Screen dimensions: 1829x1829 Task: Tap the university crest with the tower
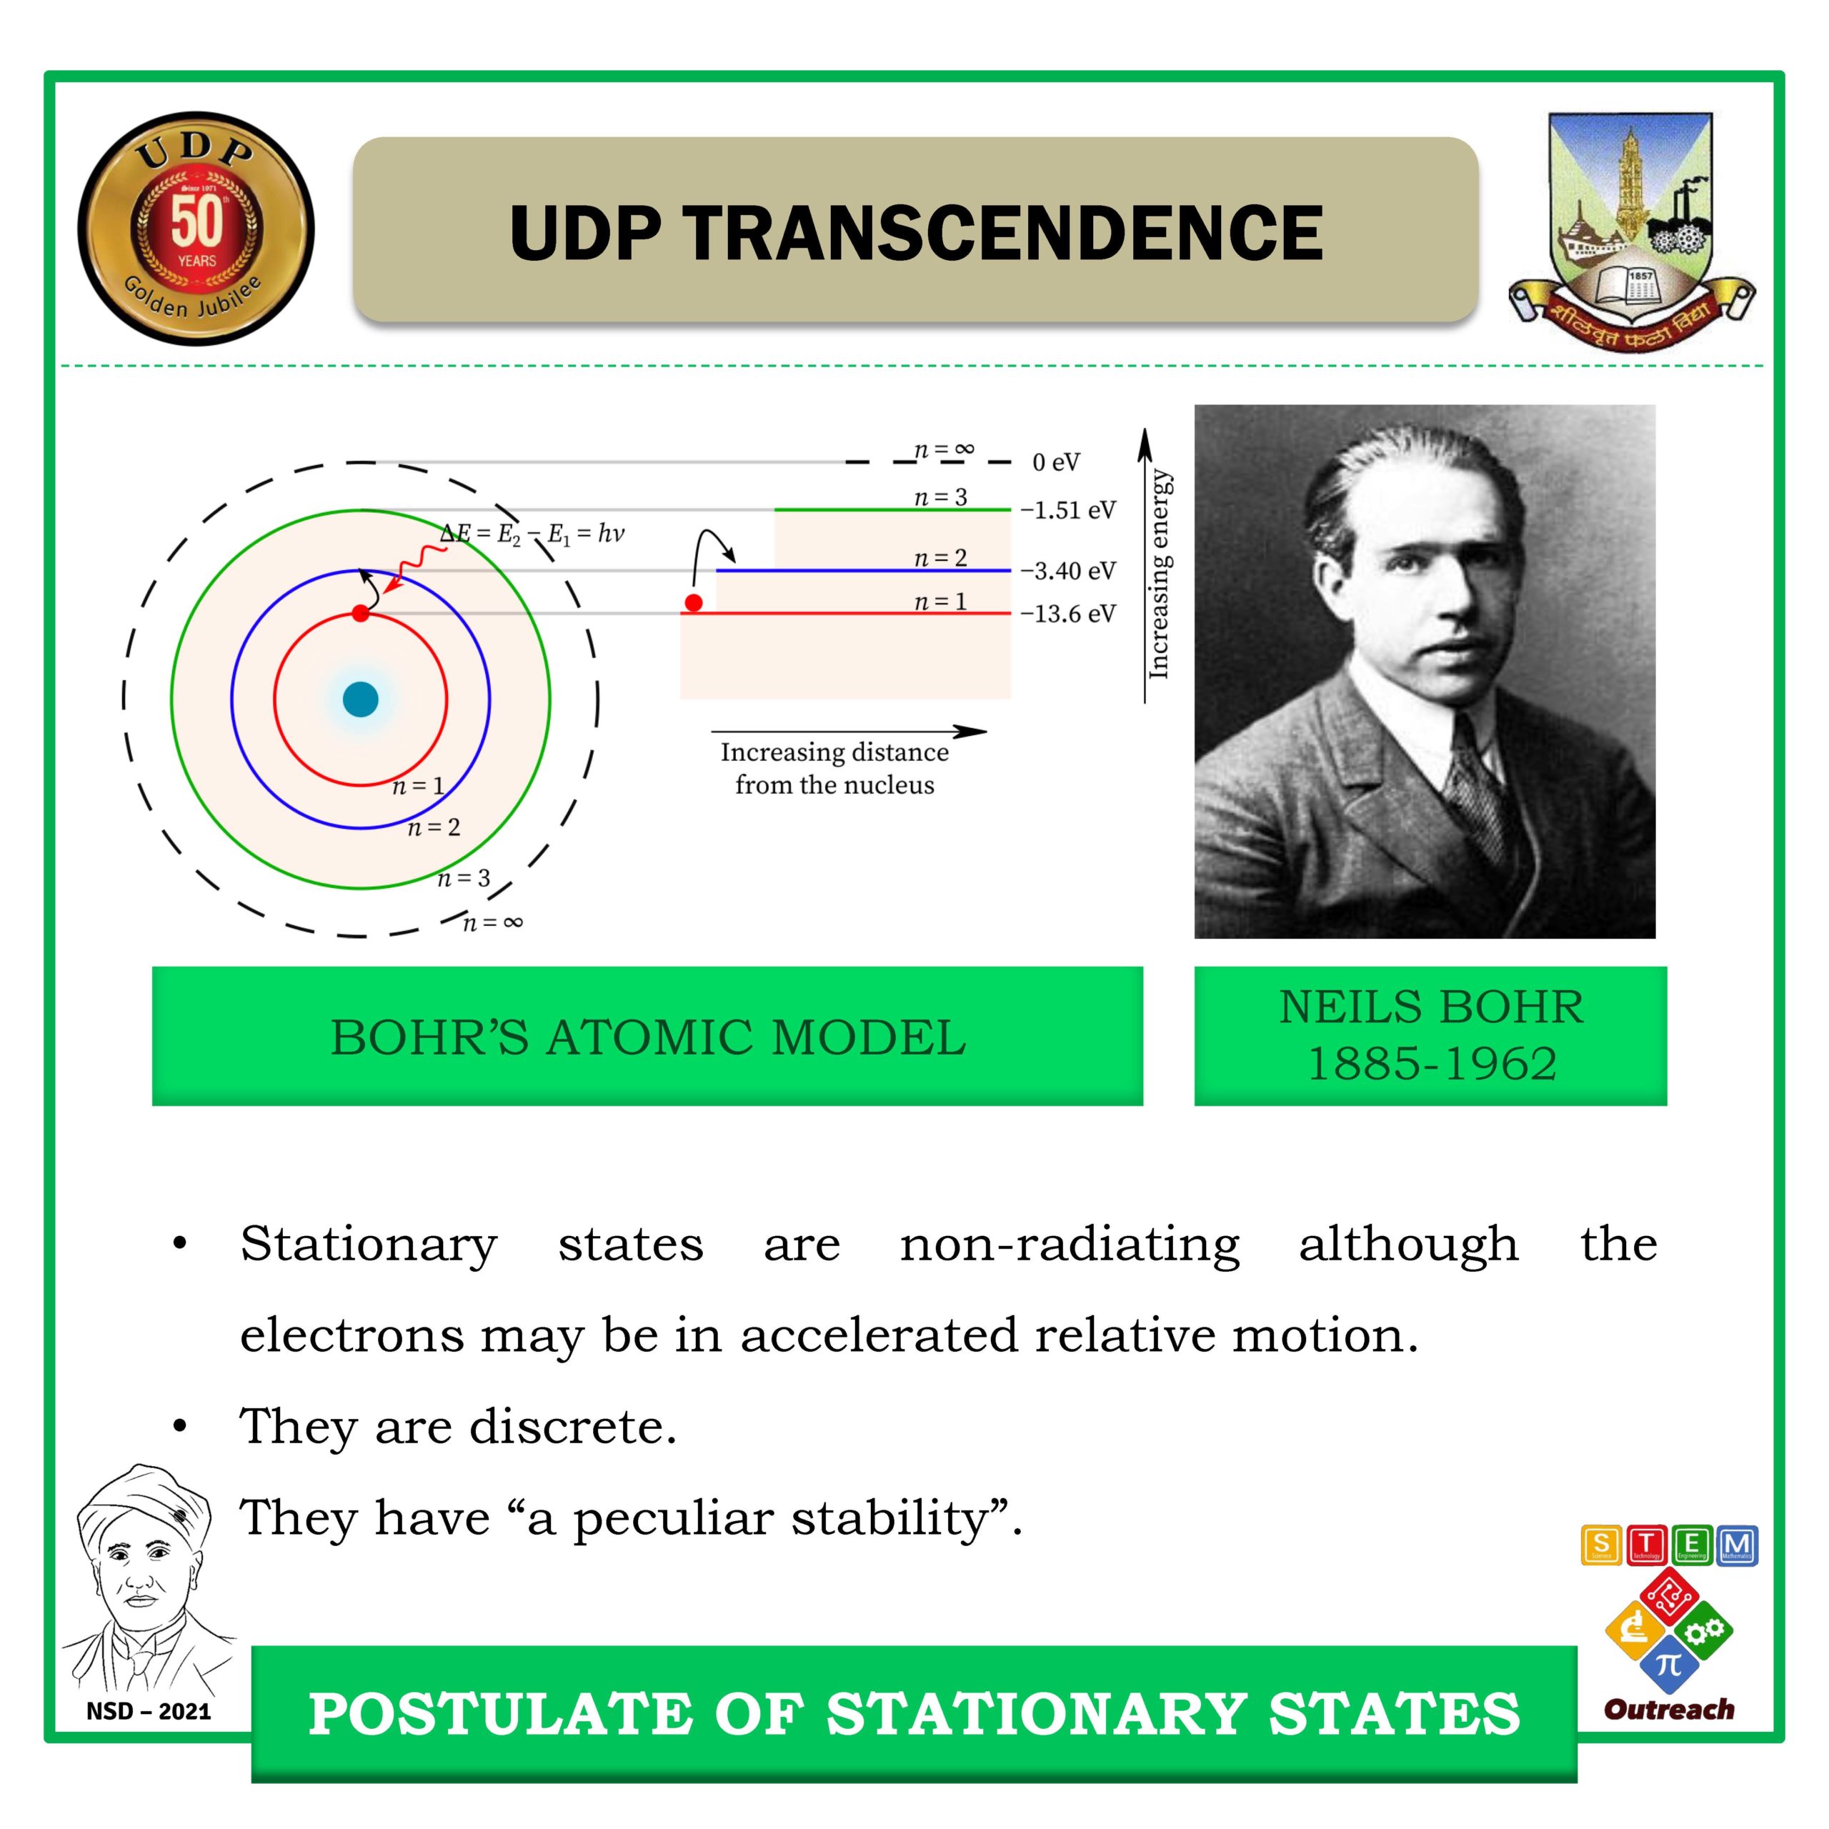(x=1631, y=230)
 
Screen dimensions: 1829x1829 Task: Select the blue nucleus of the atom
(x=361, y=699)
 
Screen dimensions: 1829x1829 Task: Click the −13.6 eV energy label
(x=1068, y=614)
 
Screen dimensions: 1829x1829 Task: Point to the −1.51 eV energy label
(x=1068, y=510)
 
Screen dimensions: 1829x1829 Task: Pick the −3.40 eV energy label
(x=1068, y=571)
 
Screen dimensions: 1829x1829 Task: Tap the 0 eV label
(x=1055, y=462)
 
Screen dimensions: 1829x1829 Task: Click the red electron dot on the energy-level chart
(x=694, y=603)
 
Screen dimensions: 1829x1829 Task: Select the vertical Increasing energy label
(x=1160, y=574)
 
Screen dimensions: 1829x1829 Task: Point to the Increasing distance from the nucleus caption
(x=834, y=768)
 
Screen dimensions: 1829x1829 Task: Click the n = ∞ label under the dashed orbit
(x=492, y=922)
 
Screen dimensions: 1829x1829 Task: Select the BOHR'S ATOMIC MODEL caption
(x=649, y=1037)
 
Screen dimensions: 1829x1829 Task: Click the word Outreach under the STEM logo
(x=1670, y=1709)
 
